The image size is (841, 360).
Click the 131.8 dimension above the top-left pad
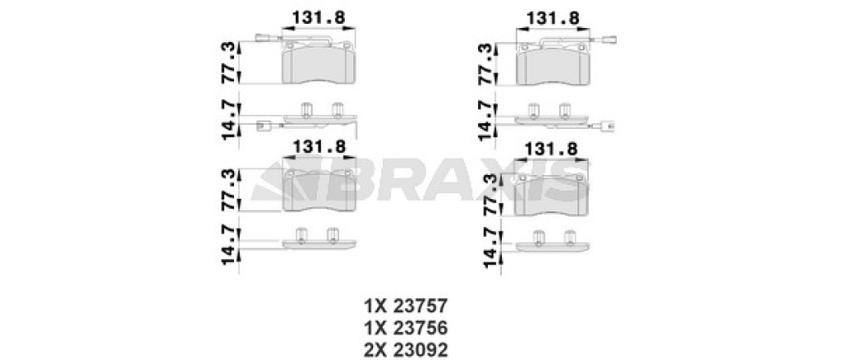click(x=318, y=18)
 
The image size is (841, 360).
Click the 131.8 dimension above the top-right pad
click(x=553, y=18)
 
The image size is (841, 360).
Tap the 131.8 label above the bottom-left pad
click(x=318, y=146)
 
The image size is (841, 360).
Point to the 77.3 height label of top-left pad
click(x=228, y=62)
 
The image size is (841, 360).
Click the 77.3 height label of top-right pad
click(x=485, y=64)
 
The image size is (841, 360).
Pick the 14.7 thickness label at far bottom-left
click(x=228, y=245)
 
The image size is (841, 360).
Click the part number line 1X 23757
click(x=406, y=307)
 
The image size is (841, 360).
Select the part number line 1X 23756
click(x=406, y=328)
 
